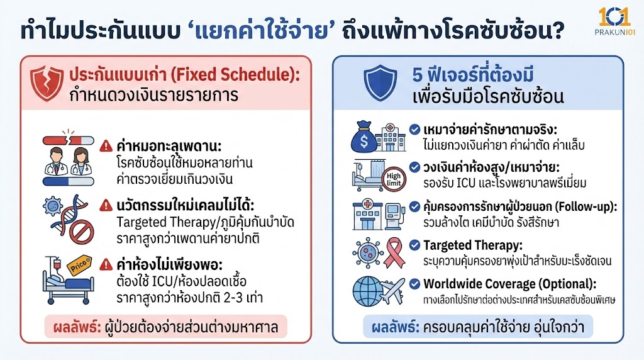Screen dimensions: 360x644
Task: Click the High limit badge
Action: tap(393, 179)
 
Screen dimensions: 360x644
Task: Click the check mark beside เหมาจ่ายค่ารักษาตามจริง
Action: tap(414, 129)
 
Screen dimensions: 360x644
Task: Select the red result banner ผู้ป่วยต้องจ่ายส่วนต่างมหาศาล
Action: tap(166, 326)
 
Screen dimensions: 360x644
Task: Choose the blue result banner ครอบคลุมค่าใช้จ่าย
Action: tap(478, 326)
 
